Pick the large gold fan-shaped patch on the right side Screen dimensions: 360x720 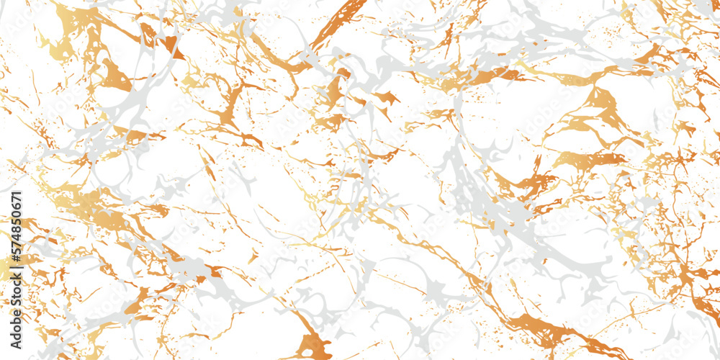(598, 108)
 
